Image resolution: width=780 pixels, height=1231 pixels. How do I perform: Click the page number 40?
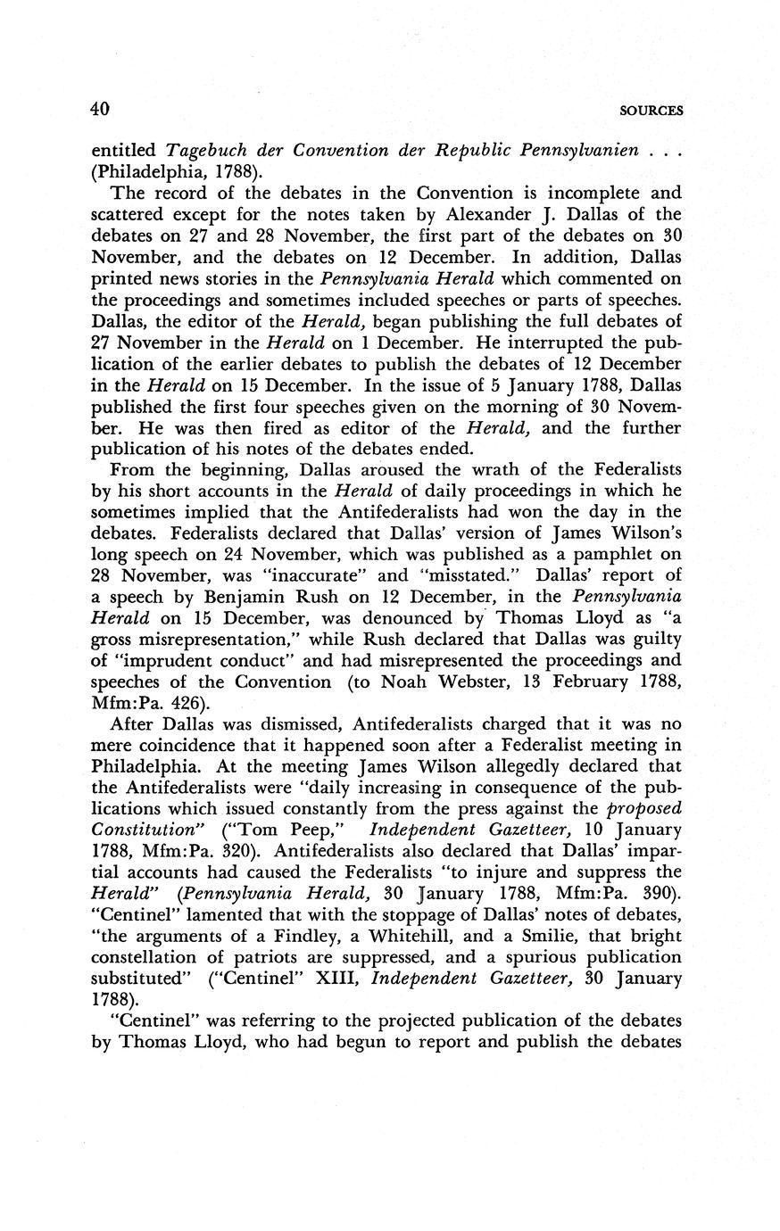tap(99, 110)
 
